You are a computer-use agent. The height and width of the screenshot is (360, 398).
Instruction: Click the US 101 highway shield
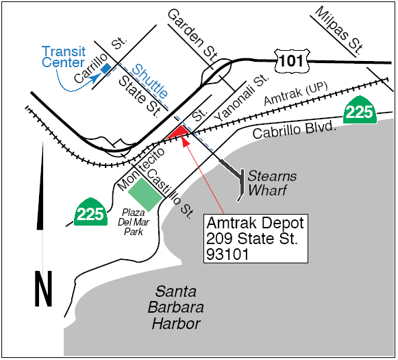point(290,61)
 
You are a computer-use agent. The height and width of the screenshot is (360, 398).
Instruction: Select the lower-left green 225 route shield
point(90,213)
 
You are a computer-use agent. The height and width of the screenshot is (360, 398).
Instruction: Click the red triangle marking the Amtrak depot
point(180,132)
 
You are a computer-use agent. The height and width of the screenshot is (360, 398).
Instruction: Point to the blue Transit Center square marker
point(105,69)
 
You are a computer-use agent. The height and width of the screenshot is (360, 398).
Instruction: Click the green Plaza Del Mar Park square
point(145,193)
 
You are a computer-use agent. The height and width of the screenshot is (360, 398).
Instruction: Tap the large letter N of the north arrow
point(43,289)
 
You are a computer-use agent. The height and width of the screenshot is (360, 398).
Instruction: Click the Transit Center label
point(63,57)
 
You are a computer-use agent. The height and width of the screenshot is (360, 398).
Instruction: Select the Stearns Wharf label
point(272,183)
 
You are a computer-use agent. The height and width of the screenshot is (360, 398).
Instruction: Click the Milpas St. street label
point(338,31)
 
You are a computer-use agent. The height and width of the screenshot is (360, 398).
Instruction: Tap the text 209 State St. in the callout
point(253,239)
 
